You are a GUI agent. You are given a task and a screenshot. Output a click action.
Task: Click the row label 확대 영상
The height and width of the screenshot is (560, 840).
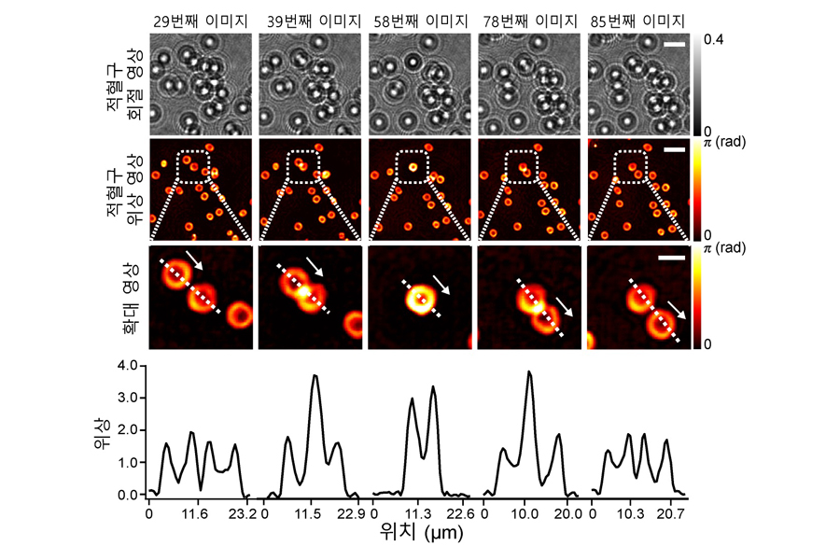[x=129, y=297]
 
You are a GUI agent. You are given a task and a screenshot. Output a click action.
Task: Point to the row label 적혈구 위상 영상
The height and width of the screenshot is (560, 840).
[x=129, y=191]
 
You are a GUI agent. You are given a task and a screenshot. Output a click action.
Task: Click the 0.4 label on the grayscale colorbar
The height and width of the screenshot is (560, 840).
[x=712, y=39]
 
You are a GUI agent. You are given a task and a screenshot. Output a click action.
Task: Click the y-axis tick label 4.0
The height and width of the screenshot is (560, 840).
[x=128, y=365]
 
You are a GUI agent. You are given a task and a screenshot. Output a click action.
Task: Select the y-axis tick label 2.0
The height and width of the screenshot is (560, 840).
[x=128, y=429]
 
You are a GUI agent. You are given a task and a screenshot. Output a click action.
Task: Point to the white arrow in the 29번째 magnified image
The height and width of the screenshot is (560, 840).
[x=194, y=259]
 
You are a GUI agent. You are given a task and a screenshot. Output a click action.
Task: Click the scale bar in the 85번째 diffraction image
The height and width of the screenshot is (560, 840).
[x=676, y=44]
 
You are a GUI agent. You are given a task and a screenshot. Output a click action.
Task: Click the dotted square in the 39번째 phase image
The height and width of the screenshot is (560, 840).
[x=302, y=167]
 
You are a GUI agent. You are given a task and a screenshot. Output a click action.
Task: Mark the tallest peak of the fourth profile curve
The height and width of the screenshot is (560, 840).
[x=529, y=372]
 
